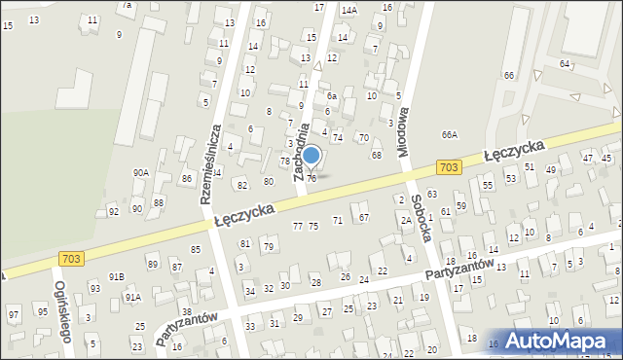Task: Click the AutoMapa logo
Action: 558,341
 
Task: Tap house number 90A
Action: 140,172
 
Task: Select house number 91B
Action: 116,276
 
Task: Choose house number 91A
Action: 132,297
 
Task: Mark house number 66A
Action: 449,135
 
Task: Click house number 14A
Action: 348,10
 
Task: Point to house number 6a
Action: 331,95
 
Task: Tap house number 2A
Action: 405,220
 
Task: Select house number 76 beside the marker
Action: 311,178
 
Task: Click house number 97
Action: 14,314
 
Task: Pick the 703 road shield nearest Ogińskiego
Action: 70,258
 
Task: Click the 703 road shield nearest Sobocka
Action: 447,167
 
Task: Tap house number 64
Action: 565,63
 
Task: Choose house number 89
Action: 152,264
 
